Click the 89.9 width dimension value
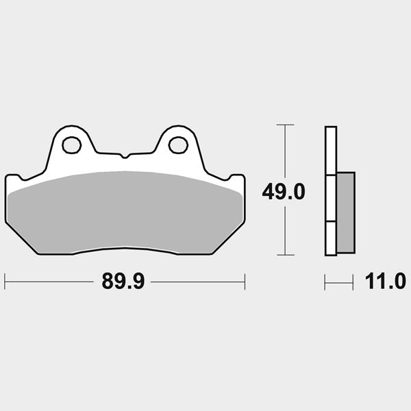tap(123, 282)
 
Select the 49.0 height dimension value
tap(284, 192)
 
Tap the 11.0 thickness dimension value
tap(385, 282)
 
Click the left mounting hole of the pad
tap(71, 145)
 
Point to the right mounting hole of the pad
tap(178, 145)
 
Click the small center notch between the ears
tap(125, 156)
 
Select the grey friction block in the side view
tap(346, 212)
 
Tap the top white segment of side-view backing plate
tap(331, 151)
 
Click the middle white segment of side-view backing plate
tap(331, 199)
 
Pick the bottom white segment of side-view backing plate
tap(331, 238)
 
